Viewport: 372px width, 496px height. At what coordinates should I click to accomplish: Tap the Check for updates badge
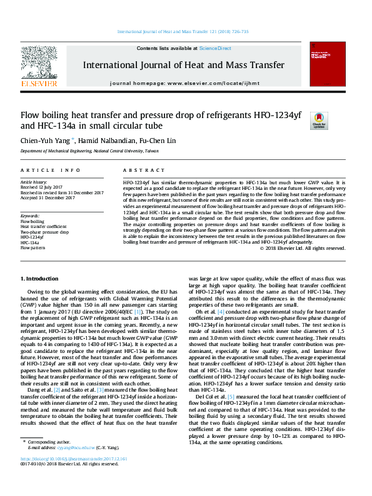319,120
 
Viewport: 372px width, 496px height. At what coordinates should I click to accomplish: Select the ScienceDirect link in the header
215,48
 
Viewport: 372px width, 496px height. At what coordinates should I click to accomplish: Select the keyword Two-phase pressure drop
45,232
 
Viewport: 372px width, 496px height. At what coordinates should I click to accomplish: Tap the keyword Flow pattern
34,248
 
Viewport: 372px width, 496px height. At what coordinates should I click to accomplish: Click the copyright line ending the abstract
303,248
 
